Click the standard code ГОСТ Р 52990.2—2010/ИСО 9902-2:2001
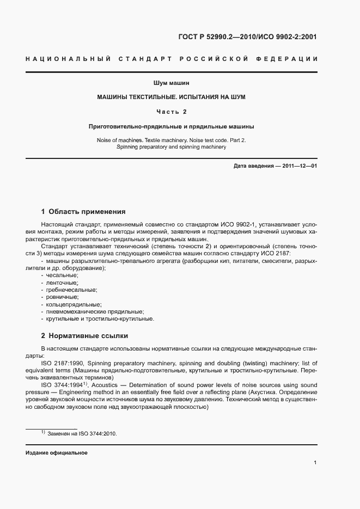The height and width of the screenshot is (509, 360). [x=247, y=38]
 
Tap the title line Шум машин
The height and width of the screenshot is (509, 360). [x=171, y=83]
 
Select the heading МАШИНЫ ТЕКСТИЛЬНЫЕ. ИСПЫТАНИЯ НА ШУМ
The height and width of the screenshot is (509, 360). [x=171, y=97]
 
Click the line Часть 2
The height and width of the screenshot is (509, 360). [x=171, y=112]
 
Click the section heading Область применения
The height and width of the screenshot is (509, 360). [x=87, y=212]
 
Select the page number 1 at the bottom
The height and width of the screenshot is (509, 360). [x=315, y=462]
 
